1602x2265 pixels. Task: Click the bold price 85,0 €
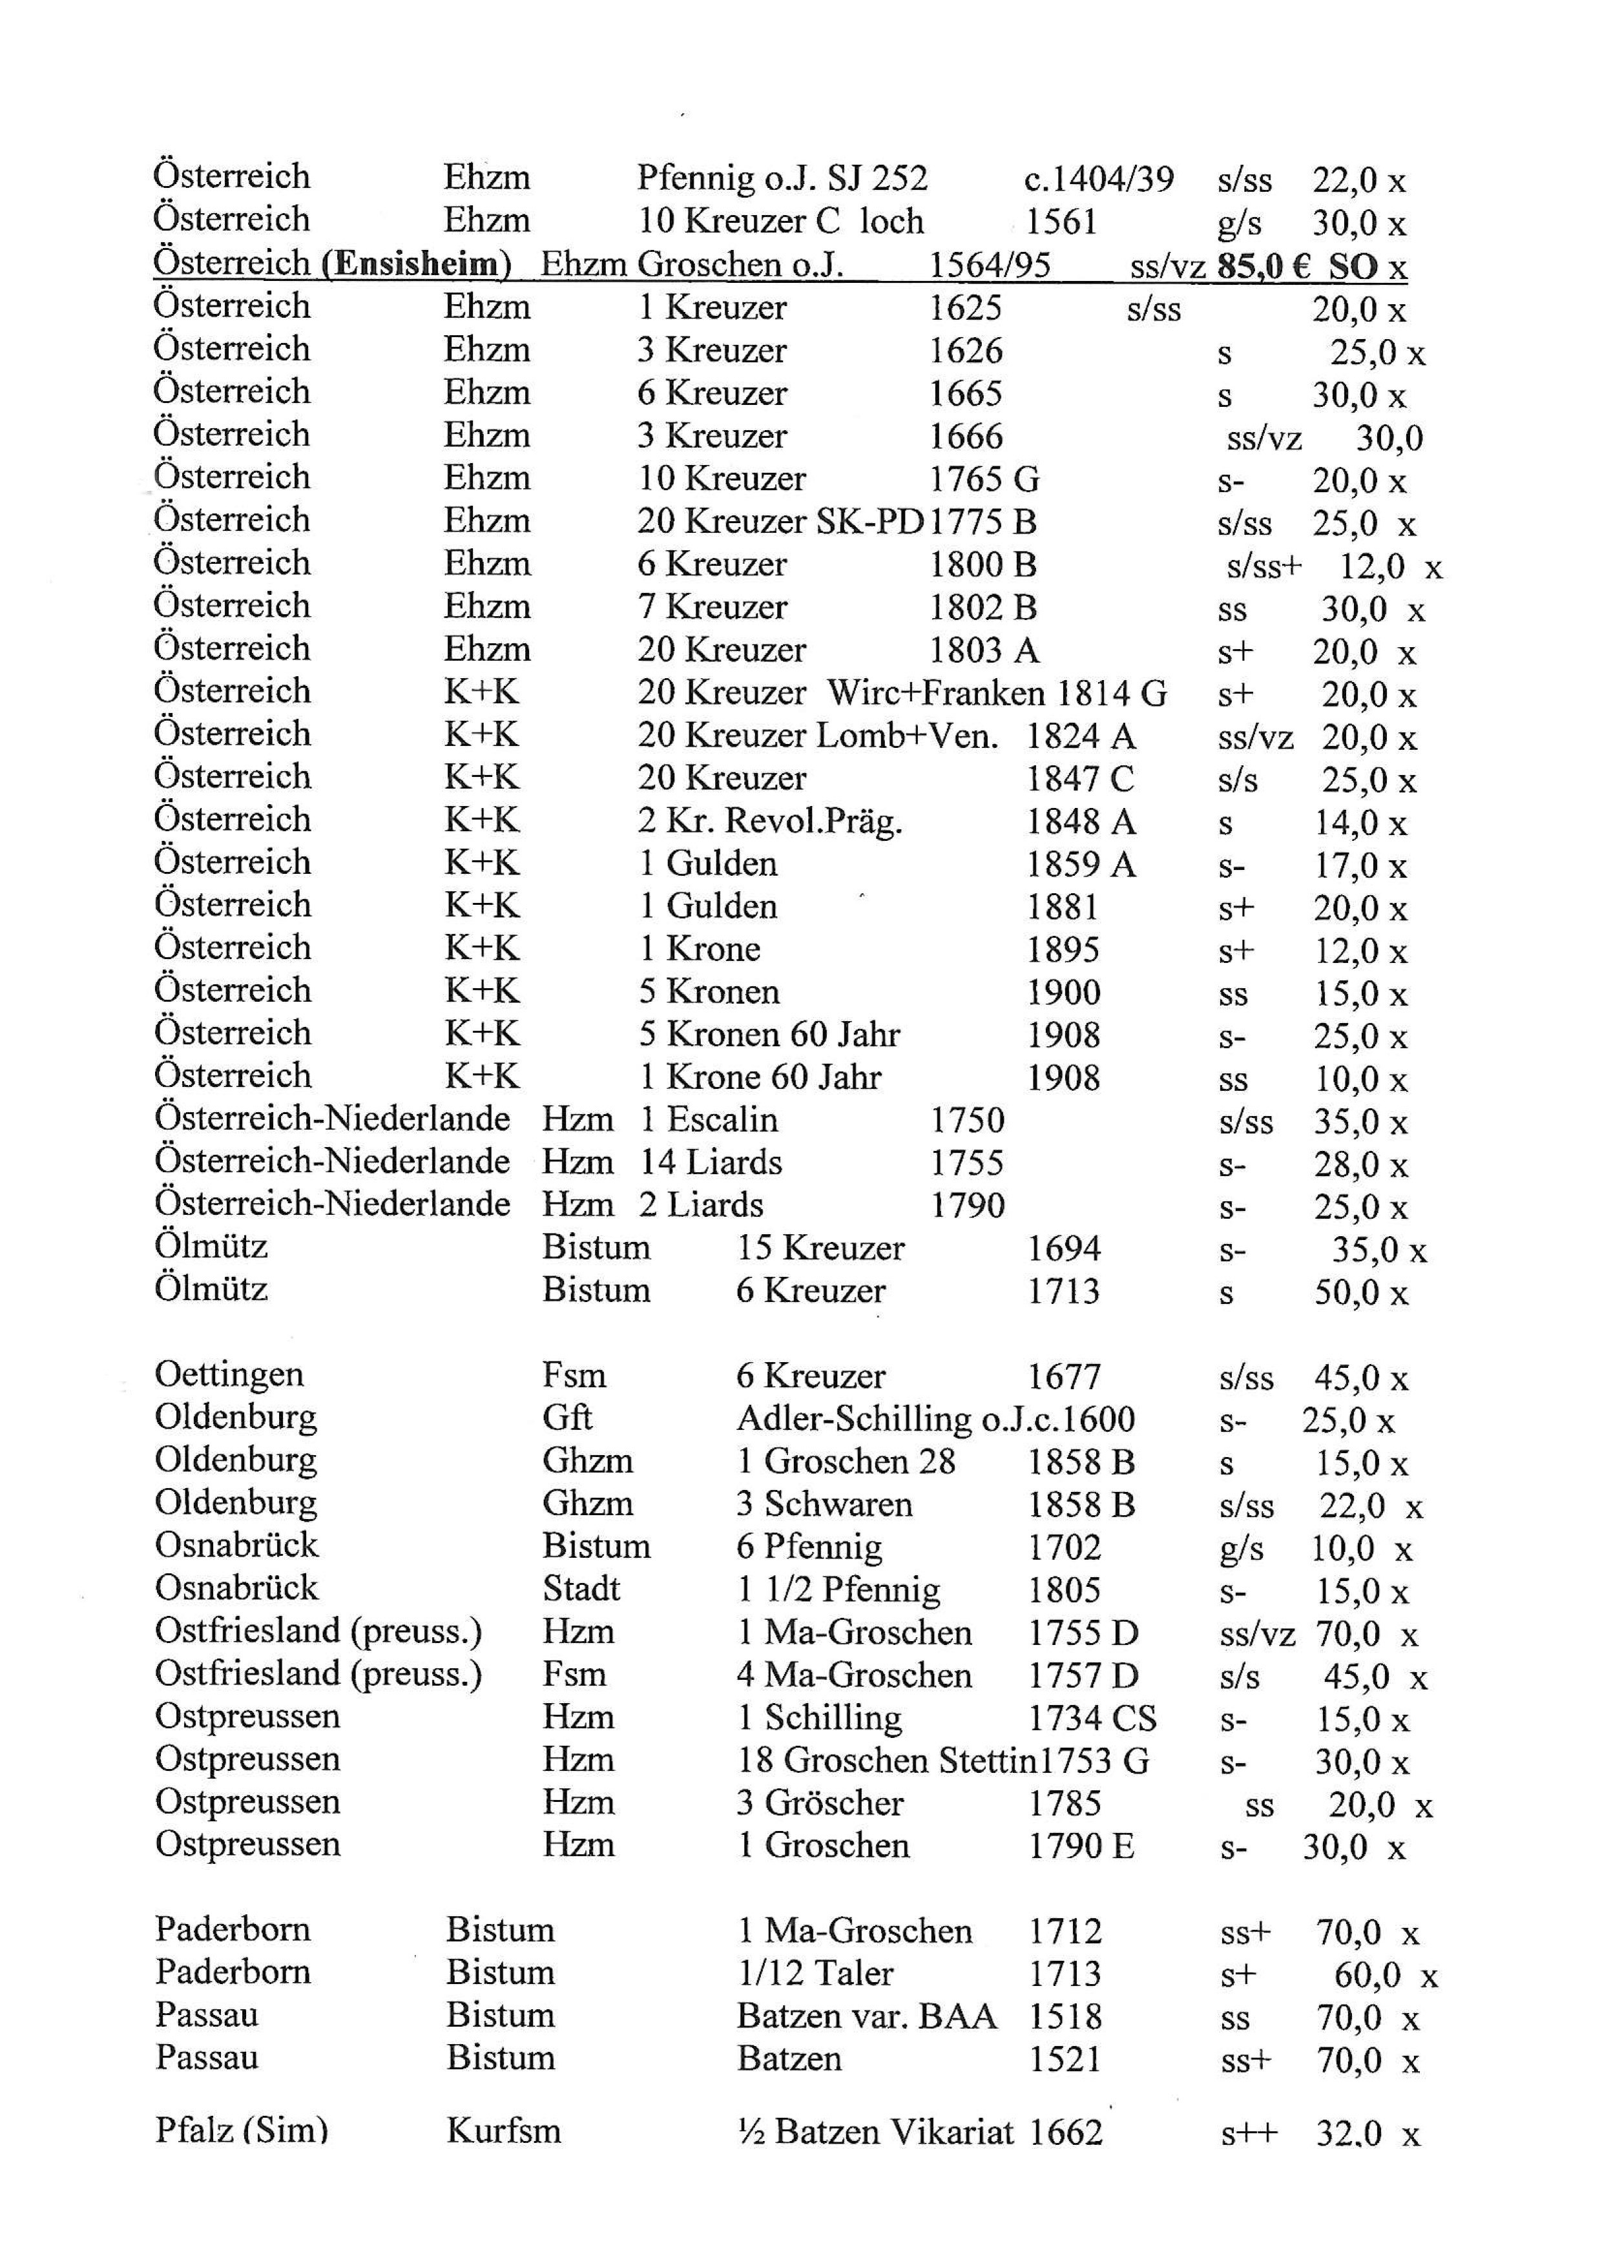point(1263,266)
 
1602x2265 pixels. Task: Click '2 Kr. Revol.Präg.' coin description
point(769,822)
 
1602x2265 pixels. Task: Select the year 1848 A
point(1080,822)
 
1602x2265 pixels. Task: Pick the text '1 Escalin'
point(708,1121)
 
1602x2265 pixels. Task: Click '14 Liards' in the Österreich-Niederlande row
point(711,1163)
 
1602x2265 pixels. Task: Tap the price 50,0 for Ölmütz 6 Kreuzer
point(1346,1293)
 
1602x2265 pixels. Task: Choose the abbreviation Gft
point(567,1418)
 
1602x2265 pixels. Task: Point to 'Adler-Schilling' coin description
point(854,1420)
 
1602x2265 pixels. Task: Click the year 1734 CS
point(1092,1719)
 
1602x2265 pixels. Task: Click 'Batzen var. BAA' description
point(867,2016)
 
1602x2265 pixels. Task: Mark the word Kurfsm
point(503,2132)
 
